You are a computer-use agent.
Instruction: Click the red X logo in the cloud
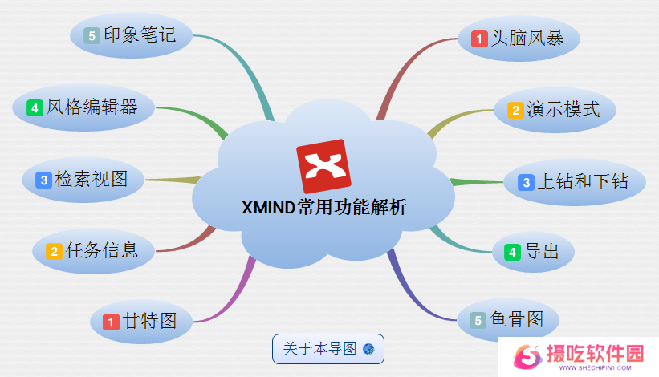pyautogui.click(x=323, y=166)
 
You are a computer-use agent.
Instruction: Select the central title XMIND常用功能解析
pyautogui.click(x=324, y=208)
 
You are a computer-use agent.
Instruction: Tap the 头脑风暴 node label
pyautogui.click(x=527, y=39)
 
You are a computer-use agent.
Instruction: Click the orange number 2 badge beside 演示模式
pyautogui.click(x=515, y=111)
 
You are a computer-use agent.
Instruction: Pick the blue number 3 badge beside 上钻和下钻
pyautogui.click(x=527, y=183)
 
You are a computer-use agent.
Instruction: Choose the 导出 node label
pyautogui.click(x=541, y=252)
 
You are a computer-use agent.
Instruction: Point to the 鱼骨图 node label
pyautogui.click(x=516, y=319)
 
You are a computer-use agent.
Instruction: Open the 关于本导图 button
pyautogui.click(x=328, y=349)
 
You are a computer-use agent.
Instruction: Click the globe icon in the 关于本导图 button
pyautogui.click(x=368, y=349)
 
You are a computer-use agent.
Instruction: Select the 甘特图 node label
pyautogui.click(x=149, y=322)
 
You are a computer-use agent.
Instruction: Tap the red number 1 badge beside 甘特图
pyautogui.click(x=111, y=322)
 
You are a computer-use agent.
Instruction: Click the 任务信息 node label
pyautogui.click(x=102, y=250)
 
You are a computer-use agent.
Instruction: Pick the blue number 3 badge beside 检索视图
pyautogui.click(x=43, y=180)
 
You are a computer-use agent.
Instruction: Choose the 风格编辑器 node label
pyautogui.click(x=92, y=107)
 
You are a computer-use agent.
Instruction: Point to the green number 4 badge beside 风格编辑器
pyautogui.click(x=35, y=108)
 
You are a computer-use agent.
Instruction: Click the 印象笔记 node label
pyautogui.click(x=140, y=34)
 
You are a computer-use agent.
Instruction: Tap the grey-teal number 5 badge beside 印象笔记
pyautogui.click(x=92, y=35)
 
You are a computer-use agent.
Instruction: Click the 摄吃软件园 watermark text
pyautogui.click(x=595, y=353)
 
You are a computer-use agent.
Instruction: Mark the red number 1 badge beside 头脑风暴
pyautogui.click(x=479, y=39)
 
